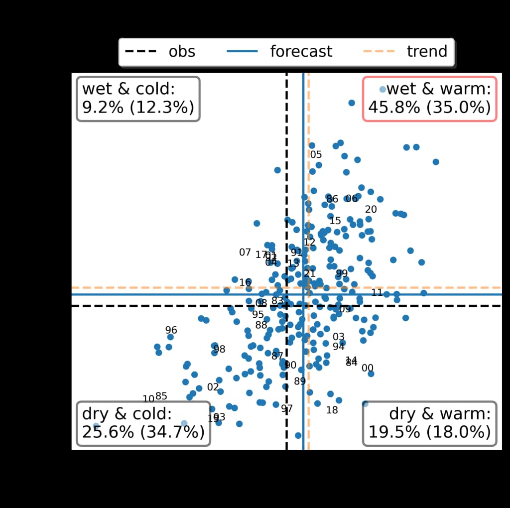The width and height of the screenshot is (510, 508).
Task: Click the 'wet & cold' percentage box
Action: click(138, 99)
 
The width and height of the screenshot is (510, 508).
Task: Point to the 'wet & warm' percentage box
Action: click(429, 99)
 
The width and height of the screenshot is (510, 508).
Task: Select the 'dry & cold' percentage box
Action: click(143, 423)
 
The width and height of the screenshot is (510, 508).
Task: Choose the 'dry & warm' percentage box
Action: click(429, 423)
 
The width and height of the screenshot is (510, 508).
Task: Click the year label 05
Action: click(316, 154)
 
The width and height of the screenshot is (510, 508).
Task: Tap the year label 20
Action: click(371, 210)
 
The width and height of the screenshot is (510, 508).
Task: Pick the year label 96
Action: click(171, 330)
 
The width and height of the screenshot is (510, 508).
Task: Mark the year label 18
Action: click(332, 410)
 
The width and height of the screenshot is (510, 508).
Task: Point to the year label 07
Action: click(245, 253)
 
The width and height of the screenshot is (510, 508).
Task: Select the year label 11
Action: click(377, 292)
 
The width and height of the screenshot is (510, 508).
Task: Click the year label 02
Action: click(213, 387)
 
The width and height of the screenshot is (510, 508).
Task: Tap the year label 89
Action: click(299, 381)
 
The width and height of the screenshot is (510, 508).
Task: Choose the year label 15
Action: click(335, 221)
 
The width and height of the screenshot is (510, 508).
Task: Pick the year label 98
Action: click(219, 349)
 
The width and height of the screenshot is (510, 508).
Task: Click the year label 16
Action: click(245, 282)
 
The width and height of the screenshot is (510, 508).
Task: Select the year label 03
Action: click(338, 337)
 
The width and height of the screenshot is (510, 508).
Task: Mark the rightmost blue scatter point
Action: click(436, 162)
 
